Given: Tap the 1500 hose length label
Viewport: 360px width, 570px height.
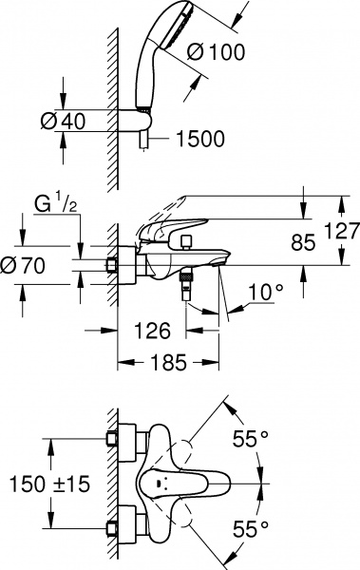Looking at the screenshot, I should pos(199,139).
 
